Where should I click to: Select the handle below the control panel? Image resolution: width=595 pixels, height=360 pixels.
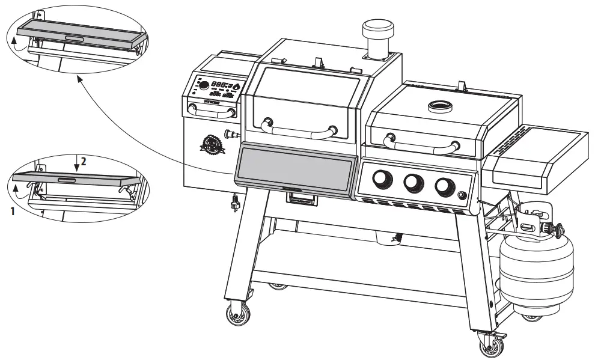[x=211, y=108]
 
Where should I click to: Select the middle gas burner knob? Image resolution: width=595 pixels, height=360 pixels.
[x=413, y=183]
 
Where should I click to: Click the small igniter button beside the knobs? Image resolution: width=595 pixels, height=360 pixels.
[x=462, y=195]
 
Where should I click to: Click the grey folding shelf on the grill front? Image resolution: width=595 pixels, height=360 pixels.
[x=294, y=168]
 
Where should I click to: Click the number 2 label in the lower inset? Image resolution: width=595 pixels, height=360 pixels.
[x=84, y=161]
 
